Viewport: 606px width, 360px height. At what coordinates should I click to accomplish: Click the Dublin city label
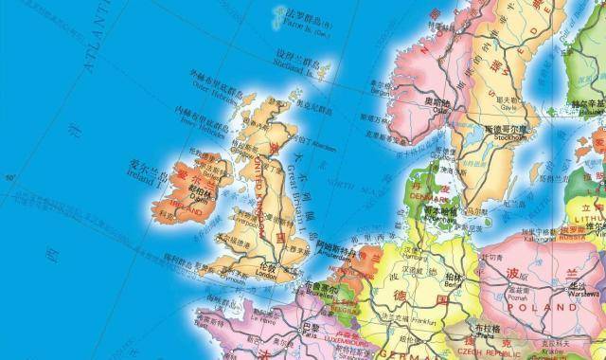[x=199, y=195]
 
